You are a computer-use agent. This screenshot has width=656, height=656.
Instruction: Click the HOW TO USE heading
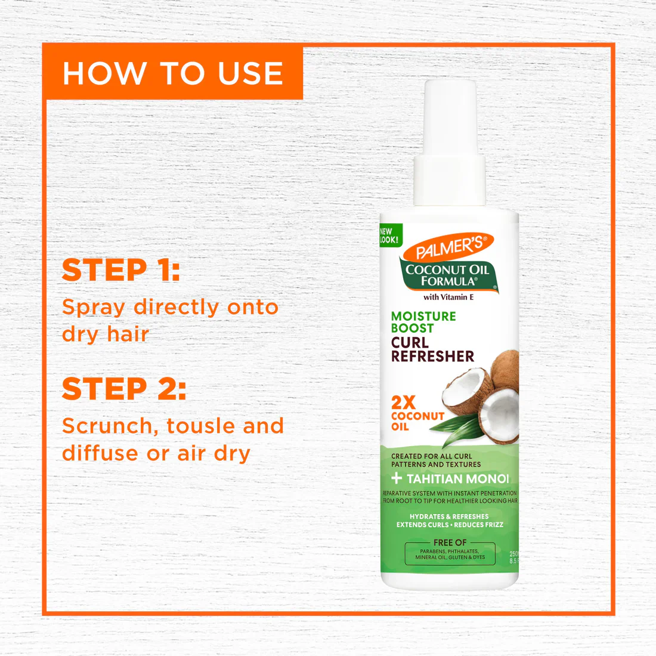click(173, 73)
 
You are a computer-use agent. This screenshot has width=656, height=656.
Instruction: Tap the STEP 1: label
click(121, 270)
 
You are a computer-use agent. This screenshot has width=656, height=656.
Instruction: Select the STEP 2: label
click(124, 389)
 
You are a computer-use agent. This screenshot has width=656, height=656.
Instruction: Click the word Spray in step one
click(94, 308)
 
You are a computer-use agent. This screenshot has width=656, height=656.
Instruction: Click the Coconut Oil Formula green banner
click(447, 275)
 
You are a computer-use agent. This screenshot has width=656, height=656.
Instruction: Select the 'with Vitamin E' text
click(448, 297)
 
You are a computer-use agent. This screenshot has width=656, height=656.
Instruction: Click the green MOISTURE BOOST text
click(423, 322)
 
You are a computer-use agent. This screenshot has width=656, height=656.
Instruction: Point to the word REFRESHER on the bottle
click(432, 357)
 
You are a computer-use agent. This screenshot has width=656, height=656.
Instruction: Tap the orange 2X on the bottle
click(403, 403)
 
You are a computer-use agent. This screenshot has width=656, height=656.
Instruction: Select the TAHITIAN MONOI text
click(458, 479)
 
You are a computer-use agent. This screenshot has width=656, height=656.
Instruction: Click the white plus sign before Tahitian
click(397, 478)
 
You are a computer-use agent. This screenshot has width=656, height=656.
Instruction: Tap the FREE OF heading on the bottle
click(450, 543)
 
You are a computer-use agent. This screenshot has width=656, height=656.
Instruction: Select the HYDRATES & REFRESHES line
click(449, 516)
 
